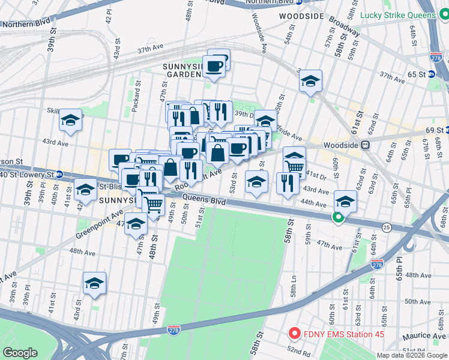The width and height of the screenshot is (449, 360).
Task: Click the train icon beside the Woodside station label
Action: pos(364,145)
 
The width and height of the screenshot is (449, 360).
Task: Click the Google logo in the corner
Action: pos(20,353)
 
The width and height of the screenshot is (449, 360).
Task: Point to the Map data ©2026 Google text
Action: pos(412,355)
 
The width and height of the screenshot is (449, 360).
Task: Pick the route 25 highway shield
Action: pos(387,227)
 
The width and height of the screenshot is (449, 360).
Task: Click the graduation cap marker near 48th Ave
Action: pos(94,283)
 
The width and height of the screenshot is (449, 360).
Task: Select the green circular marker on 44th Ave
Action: pos(339,219)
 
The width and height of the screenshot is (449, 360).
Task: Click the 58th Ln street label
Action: pos(294,292)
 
